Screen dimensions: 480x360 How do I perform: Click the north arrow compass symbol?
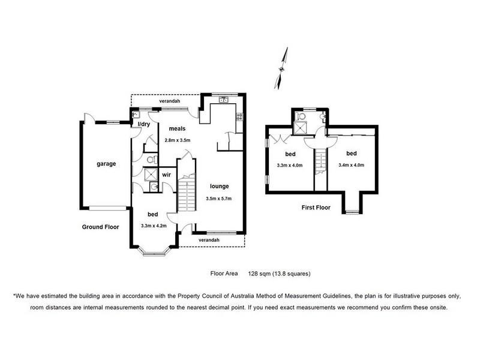pyautogui.click(x=281, y=68)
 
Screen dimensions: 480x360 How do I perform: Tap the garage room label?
pyautogui.click(x=106, y=164)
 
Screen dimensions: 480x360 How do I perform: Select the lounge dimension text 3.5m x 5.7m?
pyautogui.click(x=218, y=199)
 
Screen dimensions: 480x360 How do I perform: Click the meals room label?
pyautogui.click(x=177, y=128)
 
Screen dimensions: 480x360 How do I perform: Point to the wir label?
pyautogui.click(x=167, y=175)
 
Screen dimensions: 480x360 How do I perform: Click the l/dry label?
pyautogui.click(x=144, y=124)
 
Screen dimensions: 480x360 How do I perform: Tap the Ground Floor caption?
pyautogui.click(x=100, y=227)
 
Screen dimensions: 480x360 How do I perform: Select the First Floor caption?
pyautogui.click(x=316, y=207)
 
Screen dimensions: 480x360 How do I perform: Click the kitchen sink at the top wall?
pyautogui.click(x=223, y=99)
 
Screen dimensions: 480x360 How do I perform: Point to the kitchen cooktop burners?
pyautogui.click(x=239, y=116)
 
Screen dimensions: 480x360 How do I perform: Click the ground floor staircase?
pyautogui.click(x=187, y=193)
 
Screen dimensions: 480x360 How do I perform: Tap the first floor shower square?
pyautogui.click(x=300, y=128)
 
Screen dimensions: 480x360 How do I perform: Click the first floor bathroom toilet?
pyautogui.click(x=301, y=116)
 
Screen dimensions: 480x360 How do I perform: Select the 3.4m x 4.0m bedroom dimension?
pyautogui.click(x=352, y=165)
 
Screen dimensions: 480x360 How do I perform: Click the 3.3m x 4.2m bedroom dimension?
pyautogui.click(x=154, y=226)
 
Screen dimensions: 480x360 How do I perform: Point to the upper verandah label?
pyautogui.click(x=170, y=101)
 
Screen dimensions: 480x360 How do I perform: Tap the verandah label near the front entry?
pyautogui.click(x=209, y=240)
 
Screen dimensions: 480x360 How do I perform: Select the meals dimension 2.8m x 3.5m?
pyautogui.click(x=178, y=140)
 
